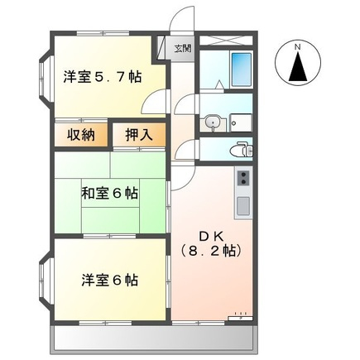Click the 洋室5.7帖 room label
(101, 78)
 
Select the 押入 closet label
(137, 134)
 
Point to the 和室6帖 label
(108, 194)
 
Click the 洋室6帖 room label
(109, 279)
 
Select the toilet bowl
(242, 150)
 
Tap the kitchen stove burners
(243, 177)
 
